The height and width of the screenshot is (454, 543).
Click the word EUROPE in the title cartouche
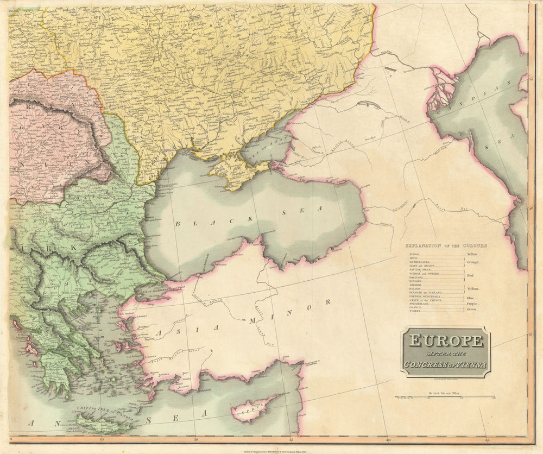point(445,340)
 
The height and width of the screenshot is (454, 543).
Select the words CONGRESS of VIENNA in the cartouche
point(445,364)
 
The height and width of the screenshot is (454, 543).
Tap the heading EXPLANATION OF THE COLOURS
point(446,245)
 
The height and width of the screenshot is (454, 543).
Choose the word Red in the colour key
point(470,275)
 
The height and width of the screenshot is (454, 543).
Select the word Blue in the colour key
point(471,298)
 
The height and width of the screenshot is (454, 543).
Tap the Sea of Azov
point(266,145)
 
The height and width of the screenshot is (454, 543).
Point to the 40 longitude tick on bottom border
point(387,439)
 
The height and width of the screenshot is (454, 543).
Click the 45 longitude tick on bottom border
point(488,439)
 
